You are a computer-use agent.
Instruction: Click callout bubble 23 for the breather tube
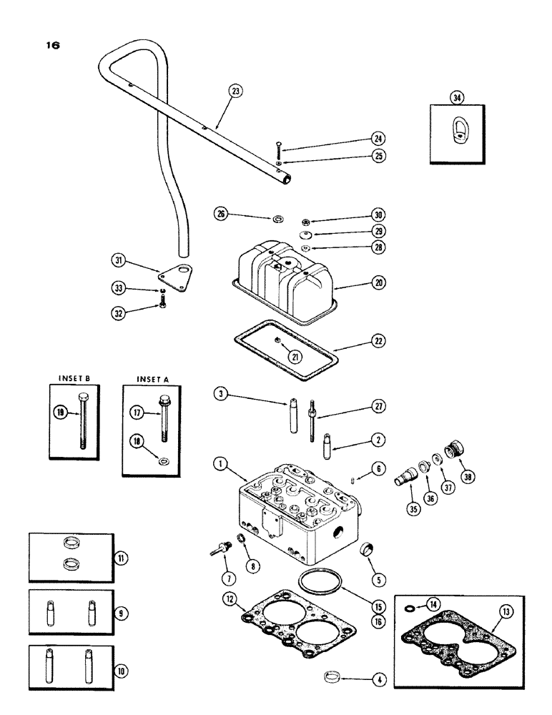[x=236, y=91]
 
